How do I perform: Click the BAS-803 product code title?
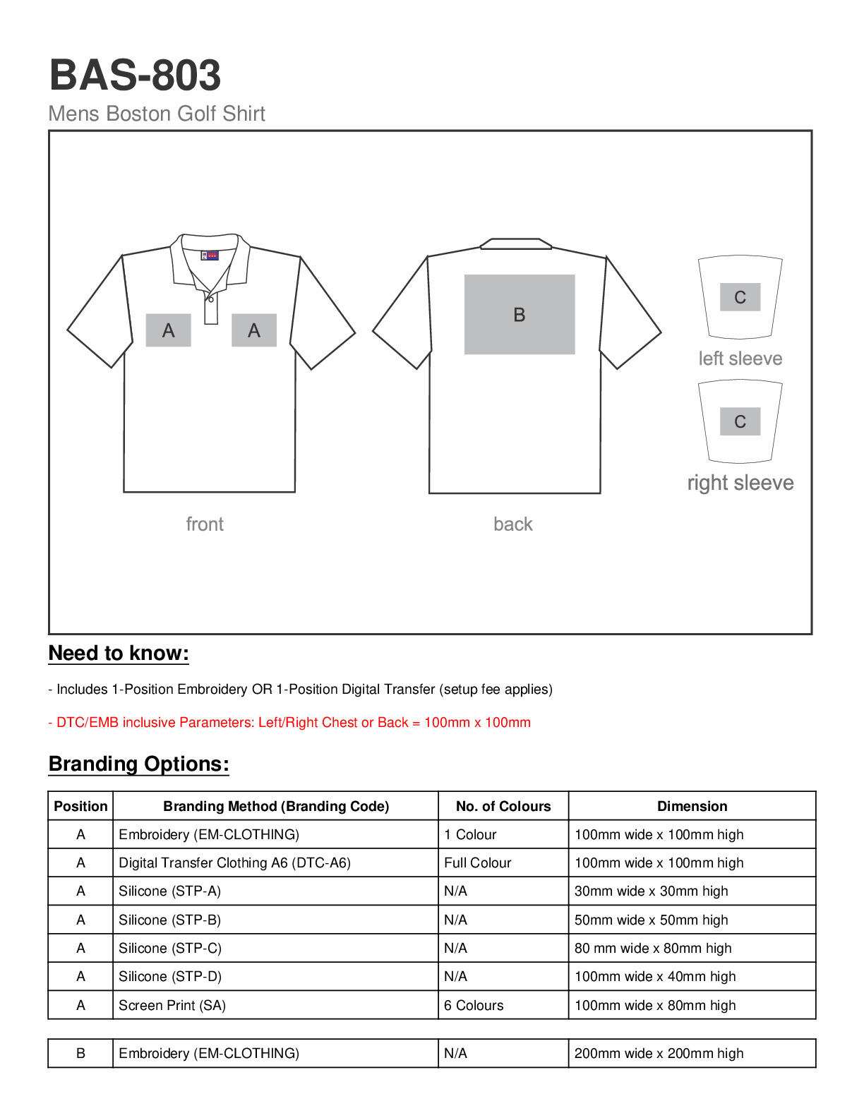click(x=135, y=75)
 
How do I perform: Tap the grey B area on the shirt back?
click(x=520, y=314)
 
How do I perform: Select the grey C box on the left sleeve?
click(x=740, y=297)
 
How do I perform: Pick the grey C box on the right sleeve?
click(x=740, y=421)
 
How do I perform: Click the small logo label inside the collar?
click(x=210, y=256)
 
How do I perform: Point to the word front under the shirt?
click(x=205, y=524)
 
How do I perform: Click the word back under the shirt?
click(x=513, y=524)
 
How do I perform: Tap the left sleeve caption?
click(x=740, y=359)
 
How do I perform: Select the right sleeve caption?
click(x=740, y=483)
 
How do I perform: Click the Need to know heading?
click(x=119, y=654)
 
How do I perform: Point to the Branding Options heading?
click(x=139, y=764)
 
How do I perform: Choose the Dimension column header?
click(x=692, y=806)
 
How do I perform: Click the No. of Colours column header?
click(x=503, y=806)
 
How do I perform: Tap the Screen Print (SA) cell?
click(x=172, y=1005)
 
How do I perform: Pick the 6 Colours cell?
click(x=474, y=1005)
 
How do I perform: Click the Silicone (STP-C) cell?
click(x=170, y=948)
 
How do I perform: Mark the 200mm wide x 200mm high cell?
click(x=659, y=1053)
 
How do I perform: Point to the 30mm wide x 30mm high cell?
click(x=651, y=891)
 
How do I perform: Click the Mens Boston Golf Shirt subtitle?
click(x=157, y=114)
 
